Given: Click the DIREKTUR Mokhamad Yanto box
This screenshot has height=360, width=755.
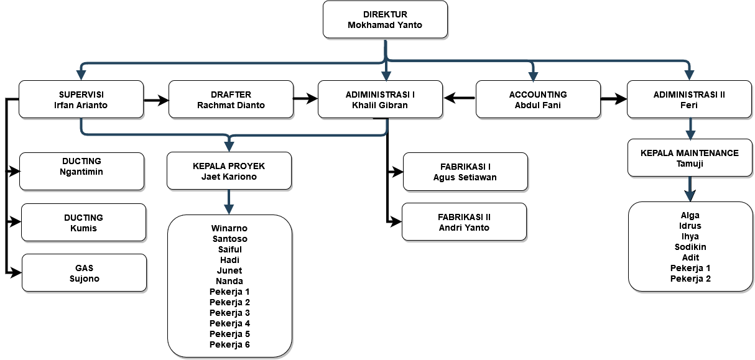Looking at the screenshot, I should pyautogui.click(x=385, y=19).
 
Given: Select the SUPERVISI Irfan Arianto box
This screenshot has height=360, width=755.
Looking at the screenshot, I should pyautogui.click(x=81, y=99).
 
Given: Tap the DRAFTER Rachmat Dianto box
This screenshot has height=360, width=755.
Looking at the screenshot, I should pyautogui.click(x=231, y=99).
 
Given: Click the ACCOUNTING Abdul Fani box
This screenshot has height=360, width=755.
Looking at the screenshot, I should pyautogui.click(x=538, y=99).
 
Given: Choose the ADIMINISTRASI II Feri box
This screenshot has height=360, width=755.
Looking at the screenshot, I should pyautogui.click(x=689, y=99).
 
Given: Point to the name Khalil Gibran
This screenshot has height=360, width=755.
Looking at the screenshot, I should pyautogui.click(x=379, y=105).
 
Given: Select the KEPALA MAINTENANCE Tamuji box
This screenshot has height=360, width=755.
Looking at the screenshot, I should pyautogui.click(x=689, y=158).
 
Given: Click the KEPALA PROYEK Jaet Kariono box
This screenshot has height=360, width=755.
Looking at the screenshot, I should pyautogui.click(x=229, y=171).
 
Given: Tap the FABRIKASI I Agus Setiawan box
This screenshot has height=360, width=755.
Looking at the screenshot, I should pyautogui.click(x=465, y=172).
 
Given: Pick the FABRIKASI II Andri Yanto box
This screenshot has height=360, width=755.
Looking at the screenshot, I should pyautogui.click(x=463, y=222).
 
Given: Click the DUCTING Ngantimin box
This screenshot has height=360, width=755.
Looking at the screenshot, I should pyautogui.click(x=82, y=171).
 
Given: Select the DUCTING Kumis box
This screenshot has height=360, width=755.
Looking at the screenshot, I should pyautogui.click(x=83, y=223).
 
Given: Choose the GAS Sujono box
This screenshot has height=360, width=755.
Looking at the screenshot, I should pyautogui.click(x=84, y=273).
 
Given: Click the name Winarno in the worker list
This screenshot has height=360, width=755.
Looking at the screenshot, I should pyautogui.click(x=229, y=228).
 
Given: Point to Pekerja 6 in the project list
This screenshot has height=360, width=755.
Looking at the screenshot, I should pyautogui.click(x=229, y=344).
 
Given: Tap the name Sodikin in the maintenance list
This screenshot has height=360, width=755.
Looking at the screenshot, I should pyautogui.click(x=690, y=247).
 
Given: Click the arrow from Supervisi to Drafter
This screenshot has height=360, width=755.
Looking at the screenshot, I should pyautogui.click(x=156, y=99).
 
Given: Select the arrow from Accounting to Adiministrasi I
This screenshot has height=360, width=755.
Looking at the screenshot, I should pyautogui.click(x=459, y=98).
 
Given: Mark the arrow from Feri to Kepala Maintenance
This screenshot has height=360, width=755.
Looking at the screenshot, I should pyautogui.click(x=690, y=129).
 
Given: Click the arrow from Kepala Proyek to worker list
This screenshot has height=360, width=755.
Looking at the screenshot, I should pyautogui.click(x=229, y=202).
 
